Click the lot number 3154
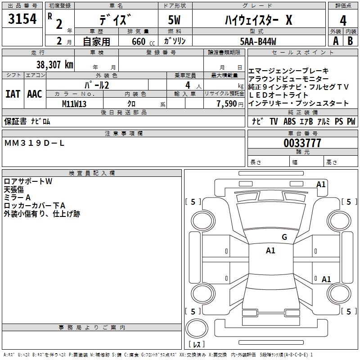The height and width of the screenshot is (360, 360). point(22,19)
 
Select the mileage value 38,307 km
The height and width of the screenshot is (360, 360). point(54,65)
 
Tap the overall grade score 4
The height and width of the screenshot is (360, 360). point(343,20)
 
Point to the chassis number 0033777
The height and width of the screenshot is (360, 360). point(302,143)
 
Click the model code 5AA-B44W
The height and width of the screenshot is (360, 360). point(258,41)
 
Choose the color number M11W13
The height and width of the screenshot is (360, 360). point(74,104)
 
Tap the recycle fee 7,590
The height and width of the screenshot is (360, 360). point(227,104)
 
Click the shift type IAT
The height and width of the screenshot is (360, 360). point(13,94)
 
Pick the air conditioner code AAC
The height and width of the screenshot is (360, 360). point(35,94)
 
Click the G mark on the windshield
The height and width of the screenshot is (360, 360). point(284,237)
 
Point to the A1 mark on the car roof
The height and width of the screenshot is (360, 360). point(270,250)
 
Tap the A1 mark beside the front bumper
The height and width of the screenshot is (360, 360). point(321,184)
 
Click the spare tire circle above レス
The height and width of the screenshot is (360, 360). point(197,328)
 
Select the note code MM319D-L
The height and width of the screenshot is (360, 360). point(34,143)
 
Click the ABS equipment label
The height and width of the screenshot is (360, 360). point(289,121)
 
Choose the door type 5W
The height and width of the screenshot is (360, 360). point(174,20)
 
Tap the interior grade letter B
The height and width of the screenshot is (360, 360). point(350,41)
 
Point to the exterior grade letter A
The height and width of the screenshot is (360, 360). point(336,41)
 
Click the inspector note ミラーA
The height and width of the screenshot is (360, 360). point(17,198)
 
